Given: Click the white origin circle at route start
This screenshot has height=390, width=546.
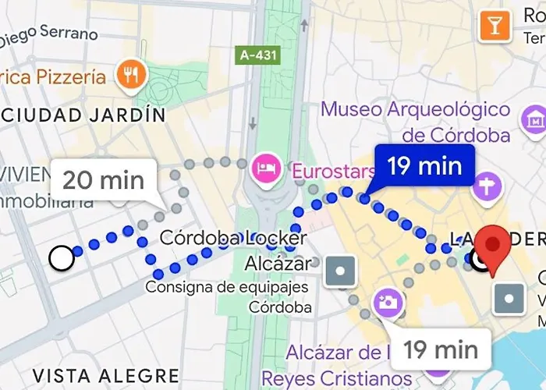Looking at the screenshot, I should tap(61, 257).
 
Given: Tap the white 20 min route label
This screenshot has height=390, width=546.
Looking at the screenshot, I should tap(103, 180).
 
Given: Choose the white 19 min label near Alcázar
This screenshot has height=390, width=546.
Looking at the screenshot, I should tap(441, 349).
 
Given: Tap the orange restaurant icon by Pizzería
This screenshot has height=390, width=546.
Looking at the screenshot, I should tap(130, 76).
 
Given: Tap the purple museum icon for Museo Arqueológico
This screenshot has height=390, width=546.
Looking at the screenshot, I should tap(536, 120).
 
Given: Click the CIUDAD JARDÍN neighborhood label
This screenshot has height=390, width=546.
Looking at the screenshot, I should tap(83, 115).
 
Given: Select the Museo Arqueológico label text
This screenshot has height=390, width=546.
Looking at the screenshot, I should tap(416, 122).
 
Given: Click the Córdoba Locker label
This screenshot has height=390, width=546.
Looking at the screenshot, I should tap(233, 238).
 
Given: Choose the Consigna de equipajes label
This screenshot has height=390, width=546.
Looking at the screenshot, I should tap(227, 287).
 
